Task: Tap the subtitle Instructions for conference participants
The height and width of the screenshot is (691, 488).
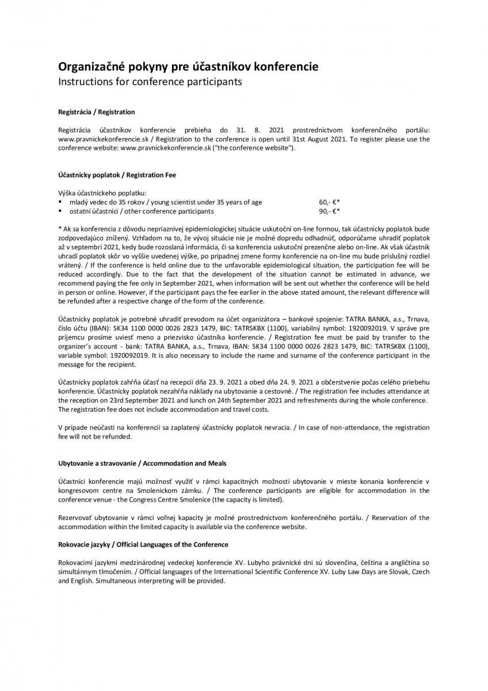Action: [x=150, y=82]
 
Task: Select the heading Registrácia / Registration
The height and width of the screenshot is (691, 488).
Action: [x=96, y=112]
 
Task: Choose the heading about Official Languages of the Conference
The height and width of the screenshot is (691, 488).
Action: [x=143, y=544]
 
